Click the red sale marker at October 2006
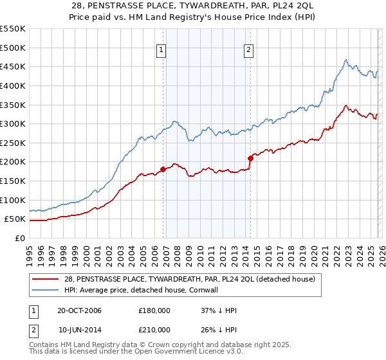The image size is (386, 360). pos(163,170)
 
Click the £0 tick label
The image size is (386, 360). pos(19,238)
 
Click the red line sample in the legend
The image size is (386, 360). pos(45,280)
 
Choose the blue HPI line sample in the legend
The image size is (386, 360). pos(45,291)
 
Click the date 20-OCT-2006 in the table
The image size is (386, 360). pos(79,310)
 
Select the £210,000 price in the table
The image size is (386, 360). pos(154,330)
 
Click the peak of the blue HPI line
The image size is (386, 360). pos(345,60)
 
